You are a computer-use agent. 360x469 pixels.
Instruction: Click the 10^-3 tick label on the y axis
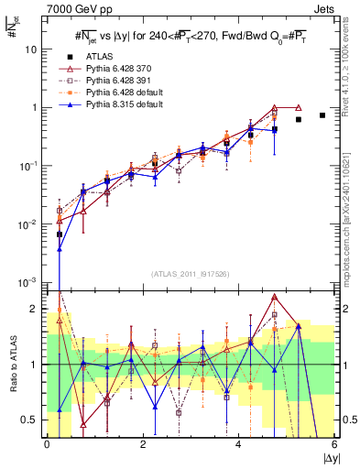(x=30, y=282)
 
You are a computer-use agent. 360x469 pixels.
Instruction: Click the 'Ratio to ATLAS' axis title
(x=11, y=364)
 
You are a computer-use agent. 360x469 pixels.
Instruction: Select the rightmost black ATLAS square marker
(x=322, y=115)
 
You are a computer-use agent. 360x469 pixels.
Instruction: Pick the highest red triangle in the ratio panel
(x=275, y=298)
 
